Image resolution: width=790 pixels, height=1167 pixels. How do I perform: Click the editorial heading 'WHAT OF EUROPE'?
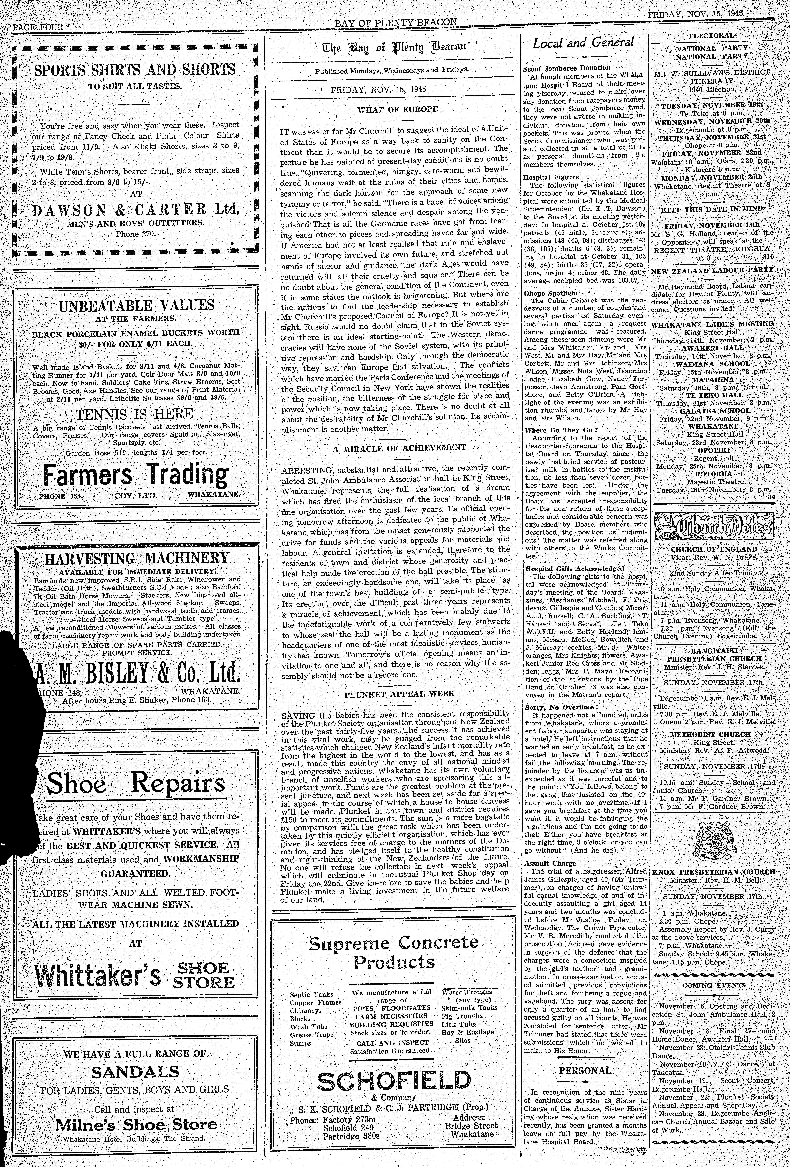397,109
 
